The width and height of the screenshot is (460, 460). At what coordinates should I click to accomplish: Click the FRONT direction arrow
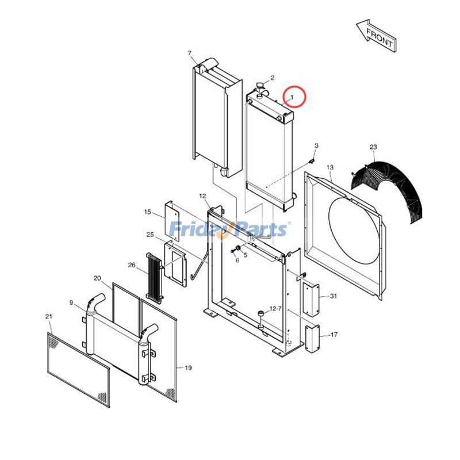point(375,36)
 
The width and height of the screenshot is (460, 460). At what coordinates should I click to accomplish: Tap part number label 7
point(189,53)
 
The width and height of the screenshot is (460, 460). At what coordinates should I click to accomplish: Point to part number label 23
point(373,148)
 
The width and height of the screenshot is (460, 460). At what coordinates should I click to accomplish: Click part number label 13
point(330,167)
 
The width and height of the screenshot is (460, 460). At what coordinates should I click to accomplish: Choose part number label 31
point(333,296)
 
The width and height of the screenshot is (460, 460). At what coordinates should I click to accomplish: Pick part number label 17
point(334,334)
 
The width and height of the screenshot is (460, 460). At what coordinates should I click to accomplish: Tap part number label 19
point(189,367)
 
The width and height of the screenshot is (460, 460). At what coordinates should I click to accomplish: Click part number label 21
point(48,317)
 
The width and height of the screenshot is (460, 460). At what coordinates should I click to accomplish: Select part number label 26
point(131,265)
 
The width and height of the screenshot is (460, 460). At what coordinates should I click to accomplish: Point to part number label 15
point(148,212)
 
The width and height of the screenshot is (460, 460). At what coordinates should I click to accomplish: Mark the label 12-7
point(275,309)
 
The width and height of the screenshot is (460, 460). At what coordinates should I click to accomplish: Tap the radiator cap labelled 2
point(259,90)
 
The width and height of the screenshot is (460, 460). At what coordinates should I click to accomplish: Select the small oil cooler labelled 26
point(154,277)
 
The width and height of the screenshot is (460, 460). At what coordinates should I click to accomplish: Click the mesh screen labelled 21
point(78,368)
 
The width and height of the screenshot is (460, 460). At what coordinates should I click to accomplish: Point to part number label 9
point(71,303)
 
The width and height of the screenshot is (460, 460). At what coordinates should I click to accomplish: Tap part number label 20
point(97,278)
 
